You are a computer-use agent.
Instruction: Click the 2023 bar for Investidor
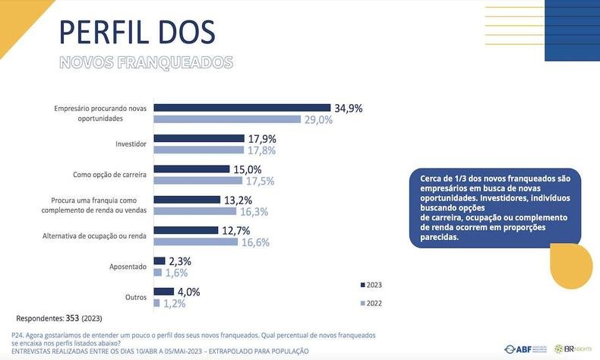[x=199, y=139]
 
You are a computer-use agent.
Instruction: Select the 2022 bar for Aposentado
[x=157, y=273]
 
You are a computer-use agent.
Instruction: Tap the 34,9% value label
[x=349, y=108]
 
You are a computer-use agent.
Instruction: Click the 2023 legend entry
[x=371, y=285]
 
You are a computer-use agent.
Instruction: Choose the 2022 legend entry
[x=371, y=303]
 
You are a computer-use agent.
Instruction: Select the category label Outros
[x=135, y=297]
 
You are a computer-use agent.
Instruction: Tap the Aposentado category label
[x=127, y=267]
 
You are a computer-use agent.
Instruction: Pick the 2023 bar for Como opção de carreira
[x=193, y=169]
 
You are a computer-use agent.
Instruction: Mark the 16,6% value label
[x=255, y=242]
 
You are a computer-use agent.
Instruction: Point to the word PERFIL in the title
[x=99, y=32]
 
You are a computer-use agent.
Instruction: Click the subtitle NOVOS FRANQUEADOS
[x=146, y=62]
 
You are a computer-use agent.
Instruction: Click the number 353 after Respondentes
[x=70, y=317]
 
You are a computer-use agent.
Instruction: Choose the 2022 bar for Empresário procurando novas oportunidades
[x=230, y=120]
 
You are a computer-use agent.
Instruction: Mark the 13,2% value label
[x=239, y=200]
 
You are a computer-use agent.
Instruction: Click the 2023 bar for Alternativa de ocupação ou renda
[x=186, y=230]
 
